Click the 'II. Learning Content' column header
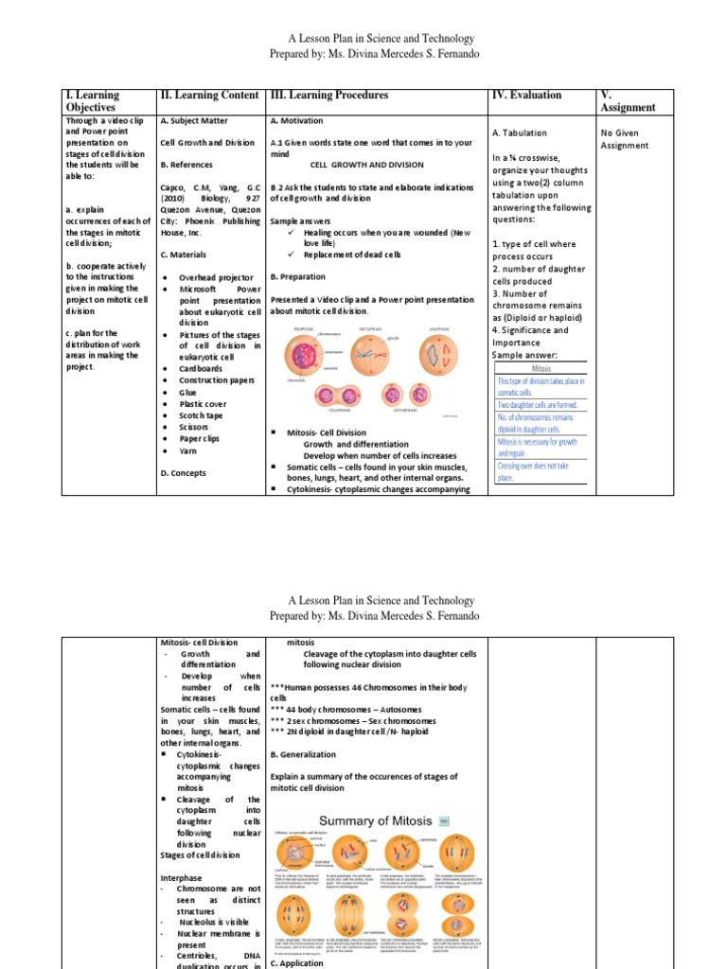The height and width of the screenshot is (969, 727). coord(211,96)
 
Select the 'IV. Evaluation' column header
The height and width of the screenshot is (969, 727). coord(526,96)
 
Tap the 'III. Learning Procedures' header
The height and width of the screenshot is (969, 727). coord(328,96)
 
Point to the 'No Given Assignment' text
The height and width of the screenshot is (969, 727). coord(625,139)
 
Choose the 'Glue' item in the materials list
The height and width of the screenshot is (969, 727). coord(187,392)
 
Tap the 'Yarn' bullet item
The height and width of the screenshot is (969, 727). coord(188,450)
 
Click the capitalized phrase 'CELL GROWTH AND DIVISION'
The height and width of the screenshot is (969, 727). coord(367,165)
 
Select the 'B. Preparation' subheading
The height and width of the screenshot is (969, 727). coord(297,276)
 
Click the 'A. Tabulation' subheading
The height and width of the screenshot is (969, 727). coord(520,133)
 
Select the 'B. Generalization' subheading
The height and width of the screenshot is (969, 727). coord(305,754)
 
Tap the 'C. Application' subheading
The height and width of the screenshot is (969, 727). coord(297,962)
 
